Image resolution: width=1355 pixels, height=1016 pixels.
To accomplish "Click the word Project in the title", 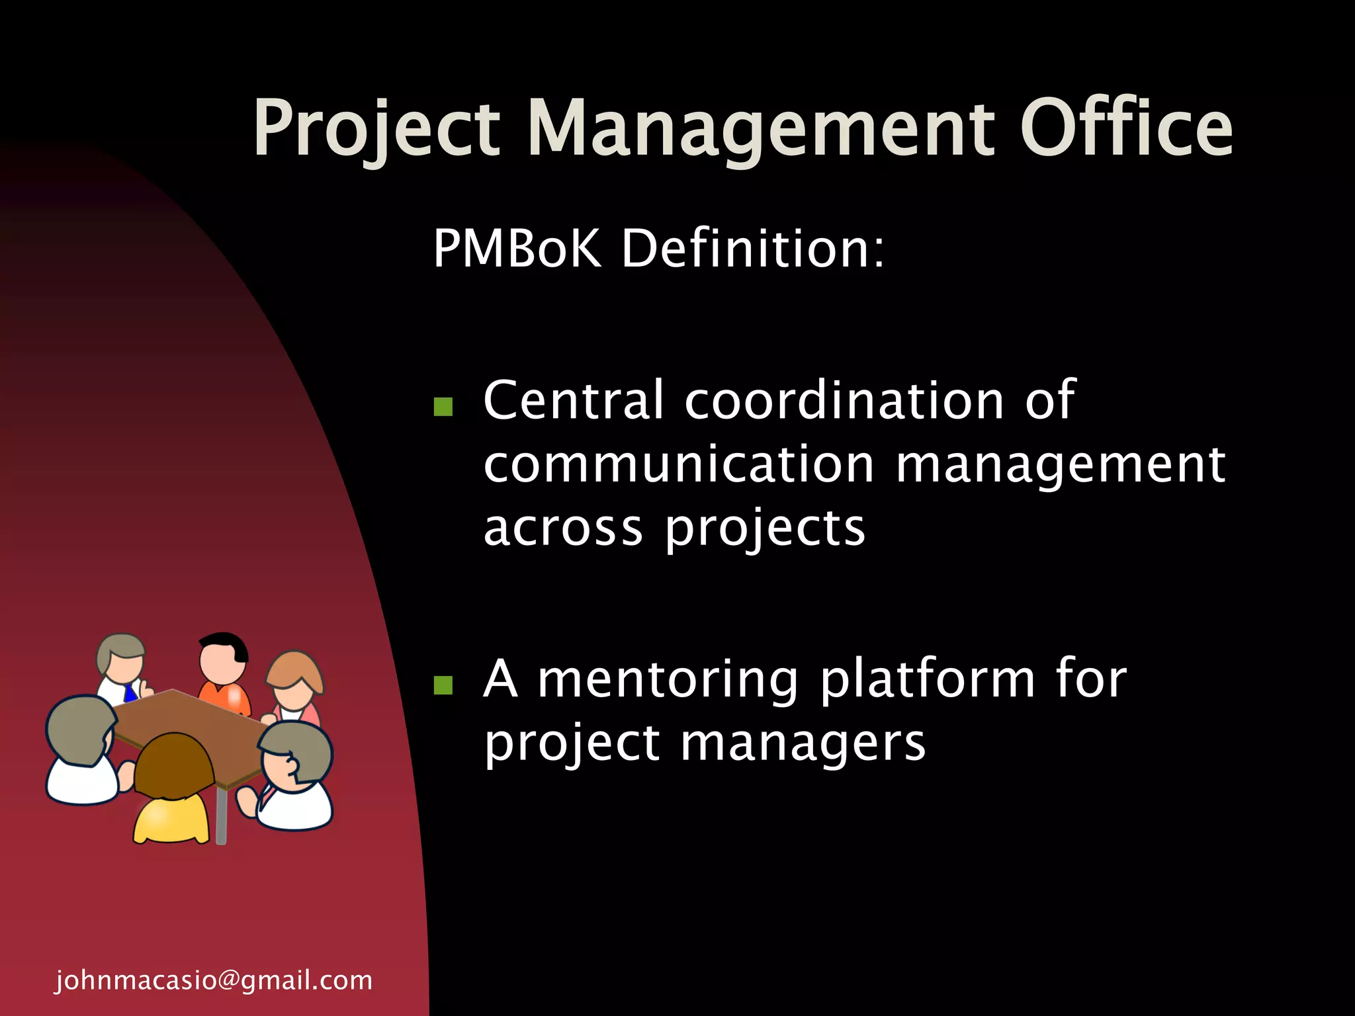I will click(x=376, y=129).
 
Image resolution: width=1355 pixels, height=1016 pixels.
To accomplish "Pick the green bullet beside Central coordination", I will click(x=443, y=406).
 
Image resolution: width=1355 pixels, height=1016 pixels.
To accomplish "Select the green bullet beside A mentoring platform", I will click(x=443, y=685).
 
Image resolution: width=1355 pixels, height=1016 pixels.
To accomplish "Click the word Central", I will click(x=573, y=401).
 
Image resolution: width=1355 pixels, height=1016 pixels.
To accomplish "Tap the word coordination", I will click(x=844, y=401).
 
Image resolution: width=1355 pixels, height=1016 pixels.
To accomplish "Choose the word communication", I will click(x=679, y=464).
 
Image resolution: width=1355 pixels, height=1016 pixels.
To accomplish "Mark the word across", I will click(x=563, y=529).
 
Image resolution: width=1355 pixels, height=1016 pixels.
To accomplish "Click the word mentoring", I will click(x=668, y=679).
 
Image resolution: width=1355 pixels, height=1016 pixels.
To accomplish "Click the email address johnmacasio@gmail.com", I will click(x=214, y=980).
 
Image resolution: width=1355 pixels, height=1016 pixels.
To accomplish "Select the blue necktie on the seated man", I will click(x=130, y=694).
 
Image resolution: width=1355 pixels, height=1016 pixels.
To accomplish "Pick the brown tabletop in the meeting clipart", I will click(x=192, y=731).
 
